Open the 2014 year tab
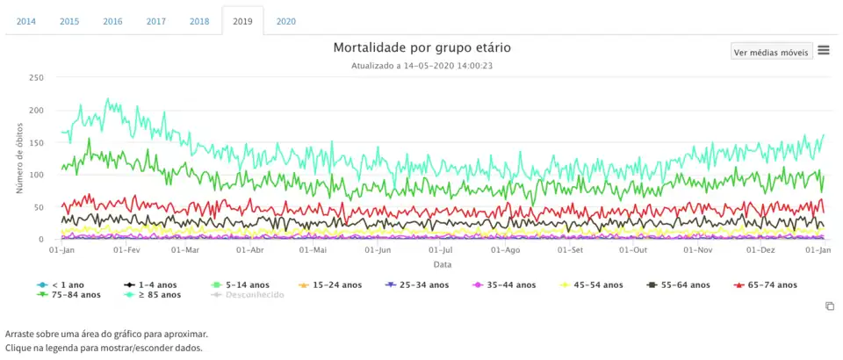(26, 21)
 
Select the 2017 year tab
(156, 21)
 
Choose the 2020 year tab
(286, 21)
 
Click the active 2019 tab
(242, 21)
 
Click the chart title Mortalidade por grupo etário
(421, 47)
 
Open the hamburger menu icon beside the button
(824, 50)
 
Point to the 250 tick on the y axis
(36, 78)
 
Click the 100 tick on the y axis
(36, 175)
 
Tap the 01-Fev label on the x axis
(126, 250)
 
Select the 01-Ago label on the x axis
(506, 250)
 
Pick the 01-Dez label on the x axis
(760, 250)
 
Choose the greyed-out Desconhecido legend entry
(249, 295)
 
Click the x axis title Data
(442, 263)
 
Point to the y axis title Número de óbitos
(18, 158)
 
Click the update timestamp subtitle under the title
(421, 65)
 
